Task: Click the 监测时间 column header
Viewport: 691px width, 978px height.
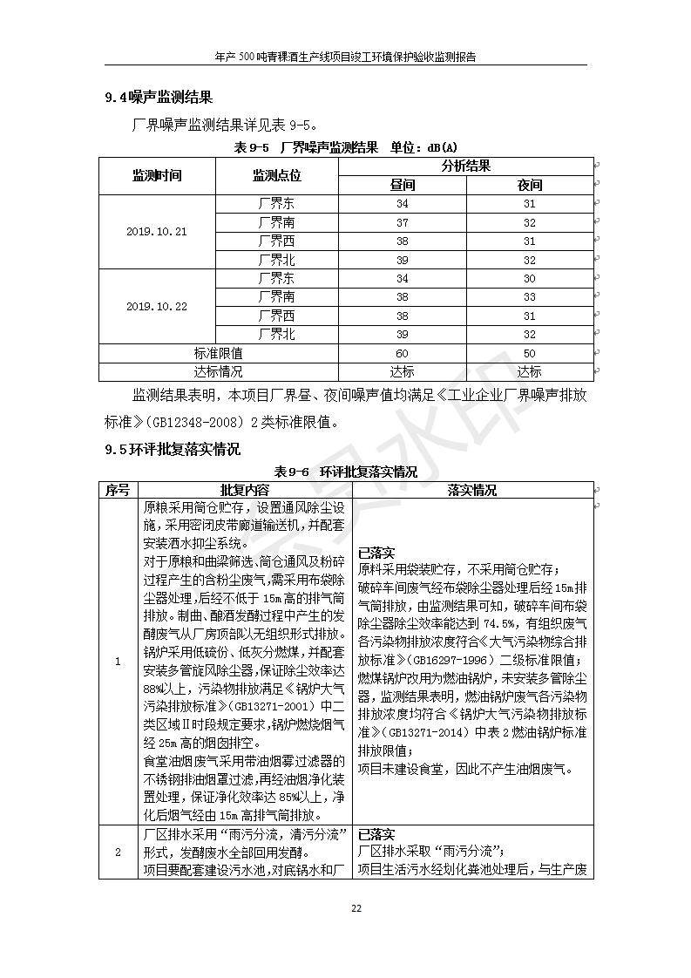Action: click(157, 175)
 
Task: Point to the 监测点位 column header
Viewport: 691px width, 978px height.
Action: click(276, 175)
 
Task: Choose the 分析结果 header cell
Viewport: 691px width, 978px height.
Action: click(465, 166)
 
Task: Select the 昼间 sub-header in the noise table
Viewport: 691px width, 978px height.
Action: click(402, 185)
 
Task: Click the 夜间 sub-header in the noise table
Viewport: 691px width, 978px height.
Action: click(530, 185)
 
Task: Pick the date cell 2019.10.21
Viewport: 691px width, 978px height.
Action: click(157, 232)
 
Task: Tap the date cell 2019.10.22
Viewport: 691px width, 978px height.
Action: click(157, 307)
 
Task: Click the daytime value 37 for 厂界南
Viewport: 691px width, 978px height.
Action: click(402, 222)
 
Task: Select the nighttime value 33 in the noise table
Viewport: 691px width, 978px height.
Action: click(530, 297)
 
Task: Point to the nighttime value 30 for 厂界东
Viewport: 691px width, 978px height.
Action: click(530, 279)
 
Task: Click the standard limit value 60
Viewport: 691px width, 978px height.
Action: click(402, 353)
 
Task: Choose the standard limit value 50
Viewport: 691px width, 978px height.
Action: click(530, 353)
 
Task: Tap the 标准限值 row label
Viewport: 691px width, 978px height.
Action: click(218, 353)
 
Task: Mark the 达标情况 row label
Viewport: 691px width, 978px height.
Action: click(218, 371)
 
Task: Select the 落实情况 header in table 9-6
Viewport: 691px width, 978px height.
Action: click(472, 490)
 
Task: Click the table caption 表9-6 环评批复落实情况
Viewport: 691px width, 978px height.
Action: click(346, 472)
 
